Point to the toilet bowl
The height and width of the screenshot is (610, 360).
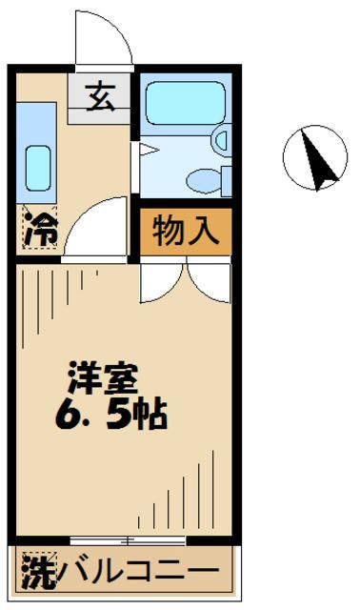[203, 178]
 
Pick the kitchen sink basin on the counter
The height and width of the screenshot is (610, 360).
[38, 168]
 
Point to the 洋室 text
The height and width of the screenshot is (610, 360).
[102, 377]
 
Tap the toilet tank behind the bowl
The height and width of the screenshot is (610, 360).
[226, 178]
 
